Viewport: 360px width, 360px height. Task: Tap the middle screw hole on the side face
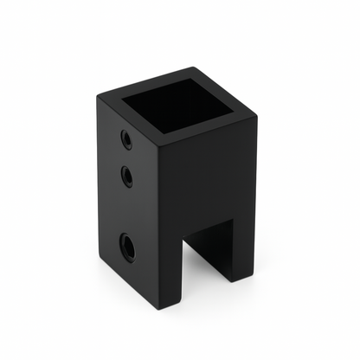[x=127, y=178]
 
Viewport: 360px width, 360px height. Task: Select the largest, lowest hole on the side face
[x=127, y=247]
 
